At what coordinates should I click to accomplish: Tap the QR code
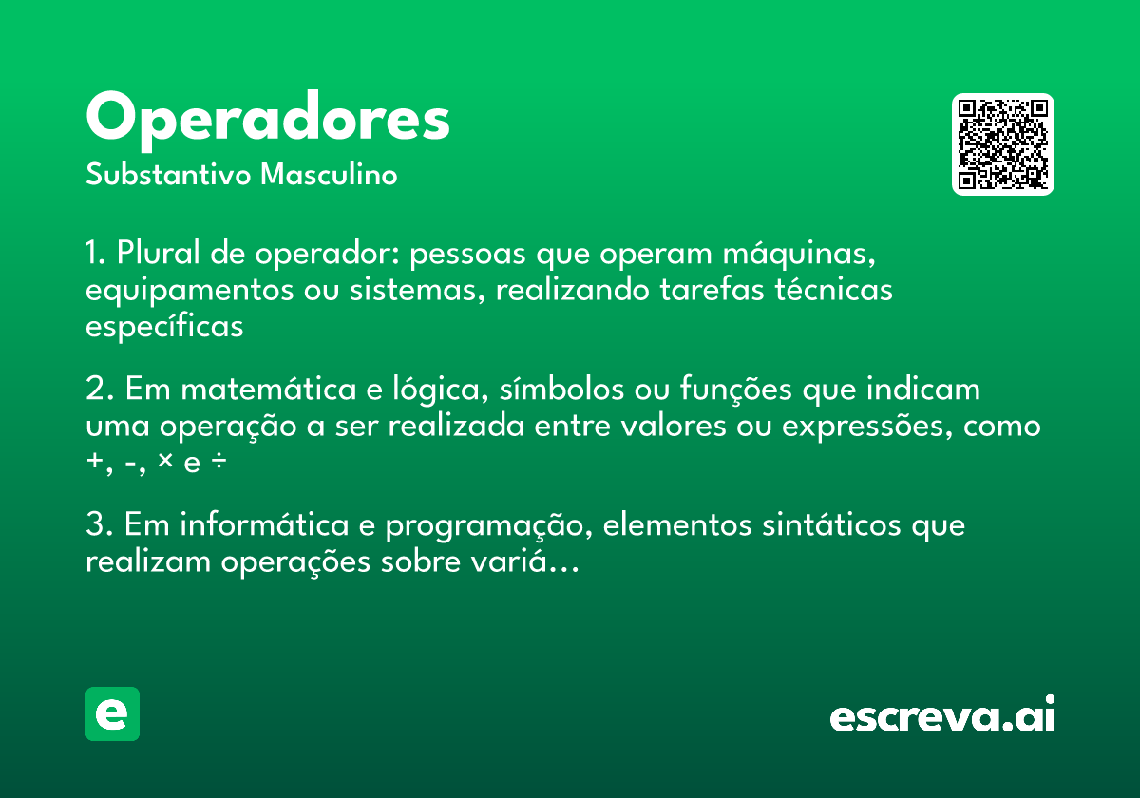pyautogui.click(x=1003, y=144)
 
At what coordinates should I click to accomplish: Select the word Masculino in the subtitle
pyautogui.click(x=329, y=176)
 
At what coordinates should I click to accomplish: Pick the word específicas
pyautogui.click(x=164, y=327)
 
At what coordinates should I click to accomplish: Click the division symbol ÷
pyautogui.click(x=218, y=464)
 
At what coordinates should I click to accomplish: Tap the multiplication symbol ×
pyautogui.click(x=165, y=462)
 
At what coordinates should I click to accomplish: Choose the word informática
pyautogui.click(x=258, y=525)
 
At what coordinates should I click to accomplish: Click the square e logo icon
pyautogui.click(x=112, y=714)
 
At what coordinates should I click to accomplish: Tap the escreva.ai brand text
pyautogui.click(x=942, y=716)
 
